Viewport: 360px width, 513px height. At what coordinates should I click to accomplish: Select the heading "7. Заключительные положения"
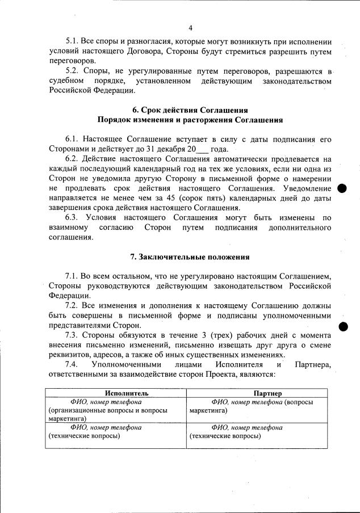(x=190, y=256)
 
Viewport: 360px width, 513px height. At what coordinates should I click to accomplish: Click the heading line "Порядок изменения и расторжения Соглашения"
(x=190, y=120)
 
